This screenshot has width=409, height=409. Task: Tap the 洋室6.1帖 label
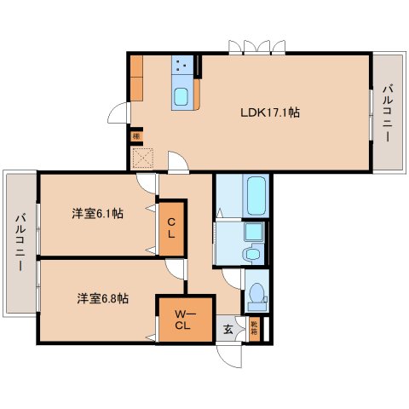(x=97, y=214)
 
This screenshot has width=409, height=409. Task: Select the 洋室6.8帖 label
(x=103, y=298)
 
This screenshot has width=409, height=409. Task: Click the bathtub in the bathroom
(x=255, y=196)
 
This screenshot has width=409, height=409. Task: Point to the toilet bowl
(x=255, y=296)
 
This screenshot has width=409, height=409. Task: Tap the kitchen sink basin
(x=182, y=96)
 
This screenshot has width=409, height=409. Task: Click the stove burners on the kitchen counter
(x=181, y=66)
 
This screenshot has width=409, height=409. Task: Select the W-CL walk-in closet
(x=183, y=319)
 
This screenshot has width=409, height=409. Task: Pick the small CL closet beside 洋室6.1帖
(x=171, y=228)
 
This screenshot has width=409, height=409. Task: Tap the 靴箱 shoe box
(x=255, y=325)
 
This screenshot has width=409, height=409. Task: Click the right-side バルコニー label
(x=387, y=112)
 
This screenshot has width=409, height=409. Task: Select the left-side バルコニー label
(x=19, y=242)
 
